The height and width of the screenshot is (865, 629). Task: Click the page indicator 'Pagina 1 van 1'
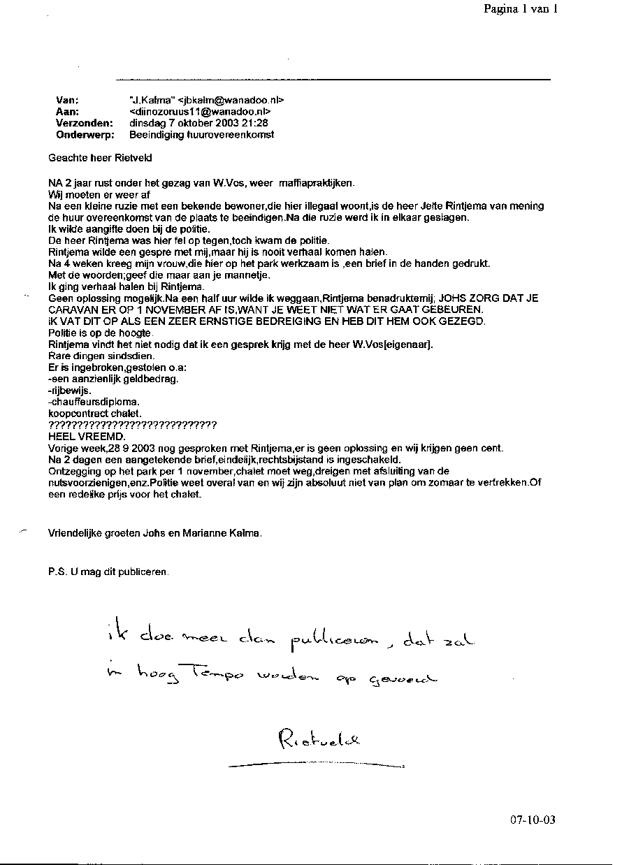[x=520, y=9]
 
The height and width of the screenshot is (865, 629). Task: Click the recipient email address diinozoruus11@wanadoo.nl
[x=200, y=112]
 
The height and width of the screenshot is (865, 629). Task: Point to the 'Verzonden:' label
[x=84, y=123]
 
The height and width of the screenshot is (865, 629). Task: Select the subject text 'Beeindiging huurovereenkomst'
[x=201, y=134]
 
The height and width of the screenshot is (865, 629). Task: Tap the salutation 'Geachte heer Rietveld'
[x=100, y=158]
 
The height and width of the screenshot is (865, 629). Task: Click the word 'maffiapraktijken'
[x=316, y=183]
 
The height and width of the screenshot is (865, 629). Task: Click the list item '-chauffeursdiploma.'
[x=93, y=402]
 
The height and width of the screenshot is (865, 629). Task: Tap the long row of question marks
[x=132, y=425]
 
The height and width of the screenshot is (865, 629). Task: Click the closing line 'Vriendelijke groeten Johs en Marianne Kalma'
[x=155, y=533]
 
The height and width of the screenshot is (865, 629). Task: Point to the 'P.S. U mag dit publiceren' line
[x=108, y=571]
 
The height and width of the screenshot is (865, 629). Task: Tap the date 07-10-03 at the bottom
[x=533, y=820]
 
